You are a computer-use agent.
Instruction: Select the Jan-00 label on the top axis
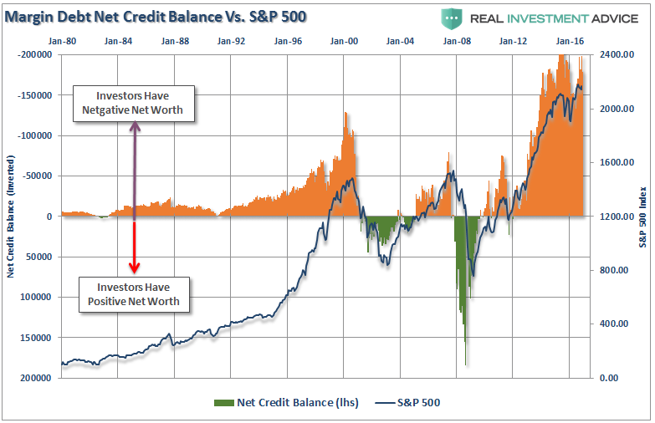[345, 40]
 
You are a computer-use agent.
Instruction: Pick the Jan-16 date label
[571, 40]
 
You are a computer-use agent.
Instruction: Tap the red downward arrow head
[134, 268]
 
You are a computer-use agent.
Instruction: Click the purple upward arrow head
[134, 127]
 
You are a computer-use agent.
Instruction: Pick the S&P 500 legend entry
[408, 403]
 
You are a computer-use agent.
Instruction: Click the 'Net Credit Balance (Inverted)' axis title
[11, 216]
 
